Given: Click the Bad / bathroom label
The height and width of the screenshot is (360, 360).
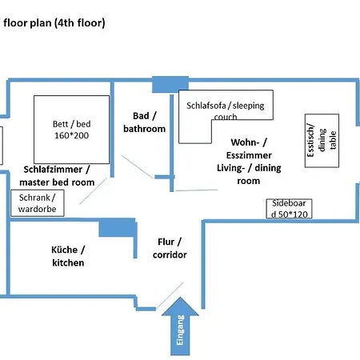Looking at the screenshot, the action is (x=144, y=122).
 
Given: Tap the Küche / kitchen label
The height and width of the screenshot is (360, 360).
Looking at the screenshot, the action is (x=68, y=256).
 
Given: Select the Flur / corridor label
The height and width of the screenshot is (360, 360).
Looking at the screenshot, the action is (x=170, y=248).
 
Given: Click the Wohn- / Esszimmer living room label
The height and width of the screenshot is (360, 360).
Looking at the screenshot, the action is (x=249, y=162).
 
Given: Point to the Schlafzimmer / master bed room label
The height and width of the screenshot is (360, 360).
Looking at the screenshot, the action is (x=57, y=176).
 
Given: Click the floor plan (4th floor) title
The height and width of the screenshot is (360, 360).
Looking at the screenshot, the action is (x=54, y=23).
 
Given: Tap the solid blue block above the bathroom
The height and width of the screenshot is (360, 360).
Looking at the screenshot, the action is (x=170, y=84).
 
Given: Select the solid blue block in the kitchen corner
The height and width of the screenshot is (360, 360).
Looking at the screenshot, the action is (x=118, y=227).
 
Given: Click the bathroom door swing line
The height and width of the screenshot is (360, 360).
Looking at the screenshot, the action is (x=138, y=166).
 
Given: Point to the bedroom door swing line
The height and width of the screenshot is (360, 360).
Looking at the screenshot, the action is (x=94, y=191).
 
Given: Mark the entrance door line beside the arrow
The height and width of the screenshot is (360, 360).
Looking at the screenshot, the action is (x=170, y=295).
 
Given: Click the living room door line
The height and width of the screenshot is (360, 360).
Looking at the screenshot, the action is (x=196, y=190).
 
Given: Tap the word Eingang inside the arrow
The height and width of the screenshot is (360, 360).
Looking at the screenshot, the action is (x=180, y=330).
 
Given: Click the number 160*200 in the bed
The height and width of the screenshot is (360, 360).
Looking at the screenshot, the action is (x=71, y=135).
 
